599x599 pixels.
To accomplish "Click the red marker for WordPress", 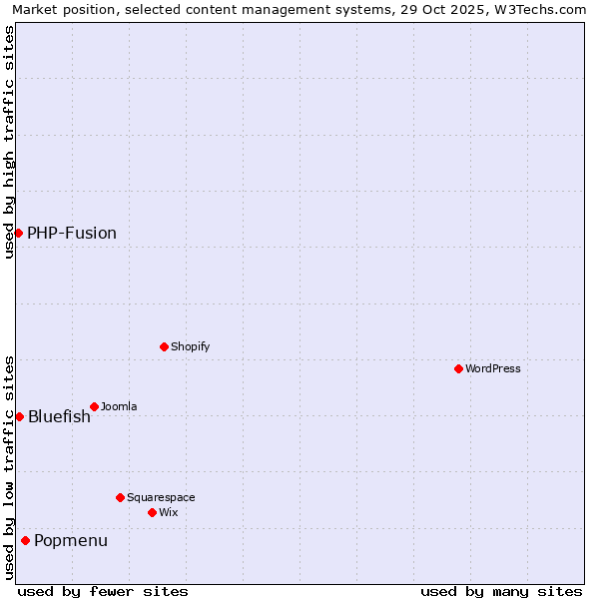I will click(x=458, y=368).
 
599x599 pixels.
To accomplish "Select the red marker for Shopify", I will click(x=164, y=346).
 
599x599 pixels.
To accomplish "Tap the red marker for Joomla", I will click(x=94, y=406).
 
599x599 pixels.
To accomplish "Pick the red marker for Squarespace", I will click(x=120, y=497).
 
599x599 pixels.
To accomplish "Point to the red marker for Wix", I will click(x=152, y=512).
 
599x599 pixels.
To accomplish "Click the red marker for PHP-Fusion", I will click(x=18, y=233).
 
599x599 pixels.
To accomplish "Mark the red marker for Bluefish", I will click(x=19, y=416).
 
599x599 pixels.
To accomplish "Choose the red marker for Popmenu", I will click(x=25, y=540).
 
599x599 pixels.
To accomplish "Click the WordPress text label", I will click(x=493, y=368).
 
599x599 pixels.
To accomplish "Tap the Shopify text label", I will click(x=190, y=346).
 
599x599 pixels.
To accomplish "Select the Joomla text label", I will click(x=119, y=406).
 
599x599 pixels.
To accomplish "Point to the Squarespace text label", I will click(x=161, y=497).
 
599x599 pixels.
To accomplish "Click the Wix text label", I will click(x=168, y=512).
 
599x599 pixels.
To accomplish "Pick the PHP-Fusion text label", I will click(x=72, y=233).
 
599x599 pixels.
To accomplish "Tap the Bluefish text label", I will click(x=59, y=416).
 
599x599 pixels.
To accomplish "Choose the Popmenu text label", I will click(x=71, y=540).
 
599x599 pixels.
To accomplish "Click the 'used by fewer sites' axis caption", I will click(x=103, y=591).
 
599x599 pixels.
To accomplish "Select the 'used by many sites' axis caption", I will click(x=501, y=591).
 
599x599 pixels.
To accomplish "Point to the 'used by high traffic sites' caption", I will click(x=9, y=142).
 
